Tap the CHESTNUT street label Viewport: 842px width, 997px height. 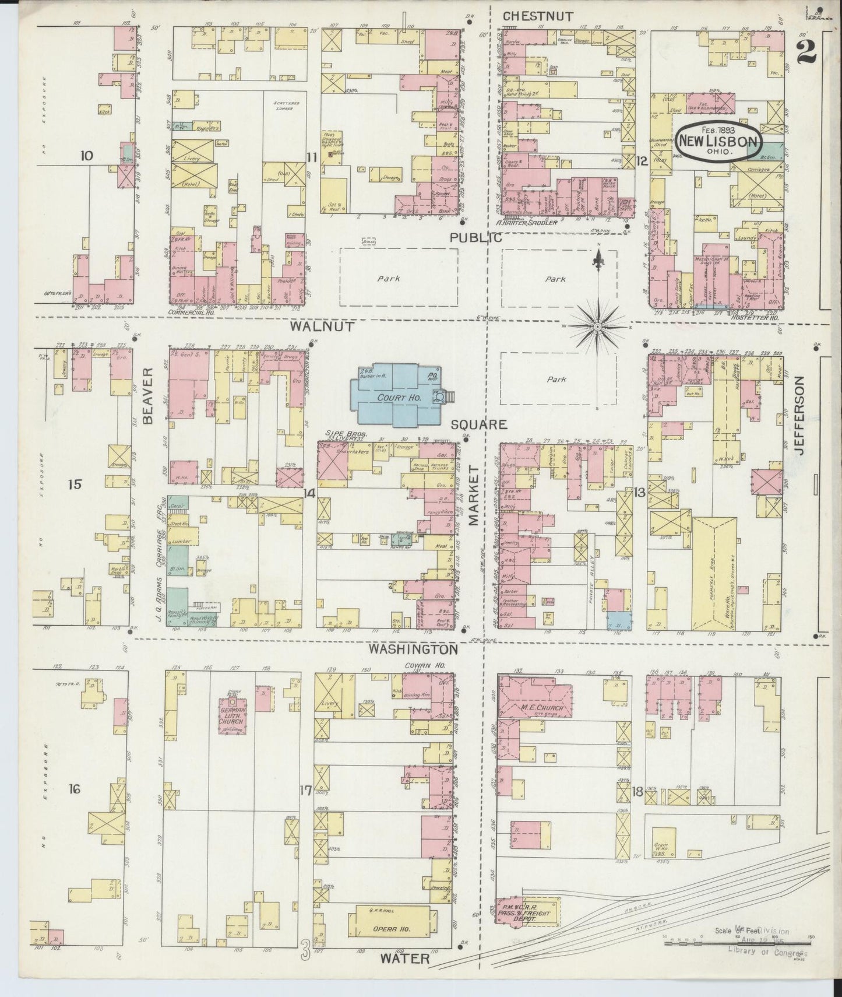(x=538, y=16)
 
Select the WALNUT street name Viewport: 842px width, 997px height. (x=322, y=327)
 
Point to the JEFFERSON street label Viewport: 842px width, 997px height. (x=799, y=413)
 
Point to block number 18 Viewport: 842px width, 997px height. (x=637, y=791)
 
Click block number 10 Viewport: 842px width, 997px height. (x=87, y=156)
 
